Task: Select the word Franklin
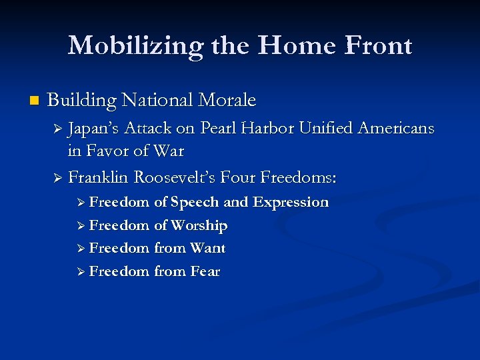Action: (98, 178)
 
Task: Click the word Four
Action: (236, 178)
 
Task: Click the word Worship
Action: (199, 225)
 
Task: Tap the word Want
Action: (207, 249)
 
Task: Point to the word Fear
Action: (205, 271)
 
